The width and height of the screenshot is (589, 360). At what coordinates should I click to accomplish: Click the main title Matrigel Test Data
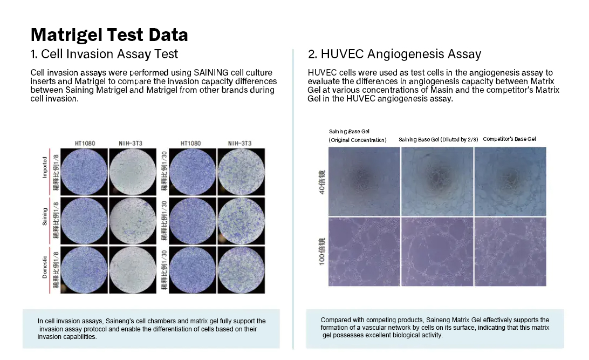tap(109, 35)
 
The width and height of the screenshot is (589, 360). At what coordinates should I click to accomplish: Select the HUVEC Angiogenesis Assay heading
tap(394, 54)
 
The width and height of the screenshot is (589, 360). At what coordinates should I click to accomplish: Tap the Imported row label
tap(45, 167)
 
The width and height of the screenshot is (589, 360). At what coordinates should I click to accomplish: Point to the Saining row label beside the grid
tap(45, 217)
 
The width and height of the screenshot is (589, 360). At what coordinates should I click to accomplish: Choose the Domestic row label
tap(45, 267)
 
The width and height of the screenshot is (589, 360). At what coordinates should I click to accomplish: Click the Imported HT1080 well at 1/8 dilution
tap(84, 172)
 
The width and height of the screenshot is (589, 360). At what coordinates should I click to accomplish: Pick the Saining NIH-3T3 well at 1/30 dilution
tap(241, 221)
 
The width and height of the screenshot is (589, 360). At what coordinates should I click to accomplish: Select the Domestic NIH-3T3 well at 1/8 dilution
tap(133, 270)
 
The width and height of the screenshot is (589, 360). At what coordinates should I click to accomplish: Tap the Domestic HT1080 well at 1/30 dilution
tap(193, 270)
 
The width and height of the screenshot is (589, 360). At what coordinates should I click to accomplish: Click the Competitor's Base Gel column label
tap(509, 139)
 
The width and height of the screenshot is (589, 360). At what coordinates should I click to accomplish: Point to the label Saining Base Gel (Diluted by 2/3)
tap(439, 139)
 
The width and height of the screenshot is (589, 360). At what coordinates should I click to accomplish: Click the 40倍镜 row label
tap(322, 182)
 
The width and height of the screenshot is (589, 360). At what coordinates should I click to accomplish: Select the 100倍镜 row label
tap(322, 252)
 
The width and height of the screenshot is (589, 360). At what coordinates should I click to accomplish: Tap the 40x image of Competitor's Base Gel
tap(510, 181)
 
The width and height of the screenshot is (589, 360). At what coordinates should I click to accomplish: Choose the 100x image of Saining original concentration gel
tap(365, 252)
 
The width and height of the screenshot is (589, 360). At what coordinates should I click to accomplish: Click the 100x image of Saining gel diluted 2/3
tap(437, 252)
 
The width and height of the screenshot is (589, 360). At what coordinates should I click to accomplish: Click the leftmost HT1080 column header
tap(85, 143)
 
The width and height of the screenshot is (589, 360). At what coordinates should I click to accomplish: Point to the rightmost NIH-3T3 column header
tap(239, 143)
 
